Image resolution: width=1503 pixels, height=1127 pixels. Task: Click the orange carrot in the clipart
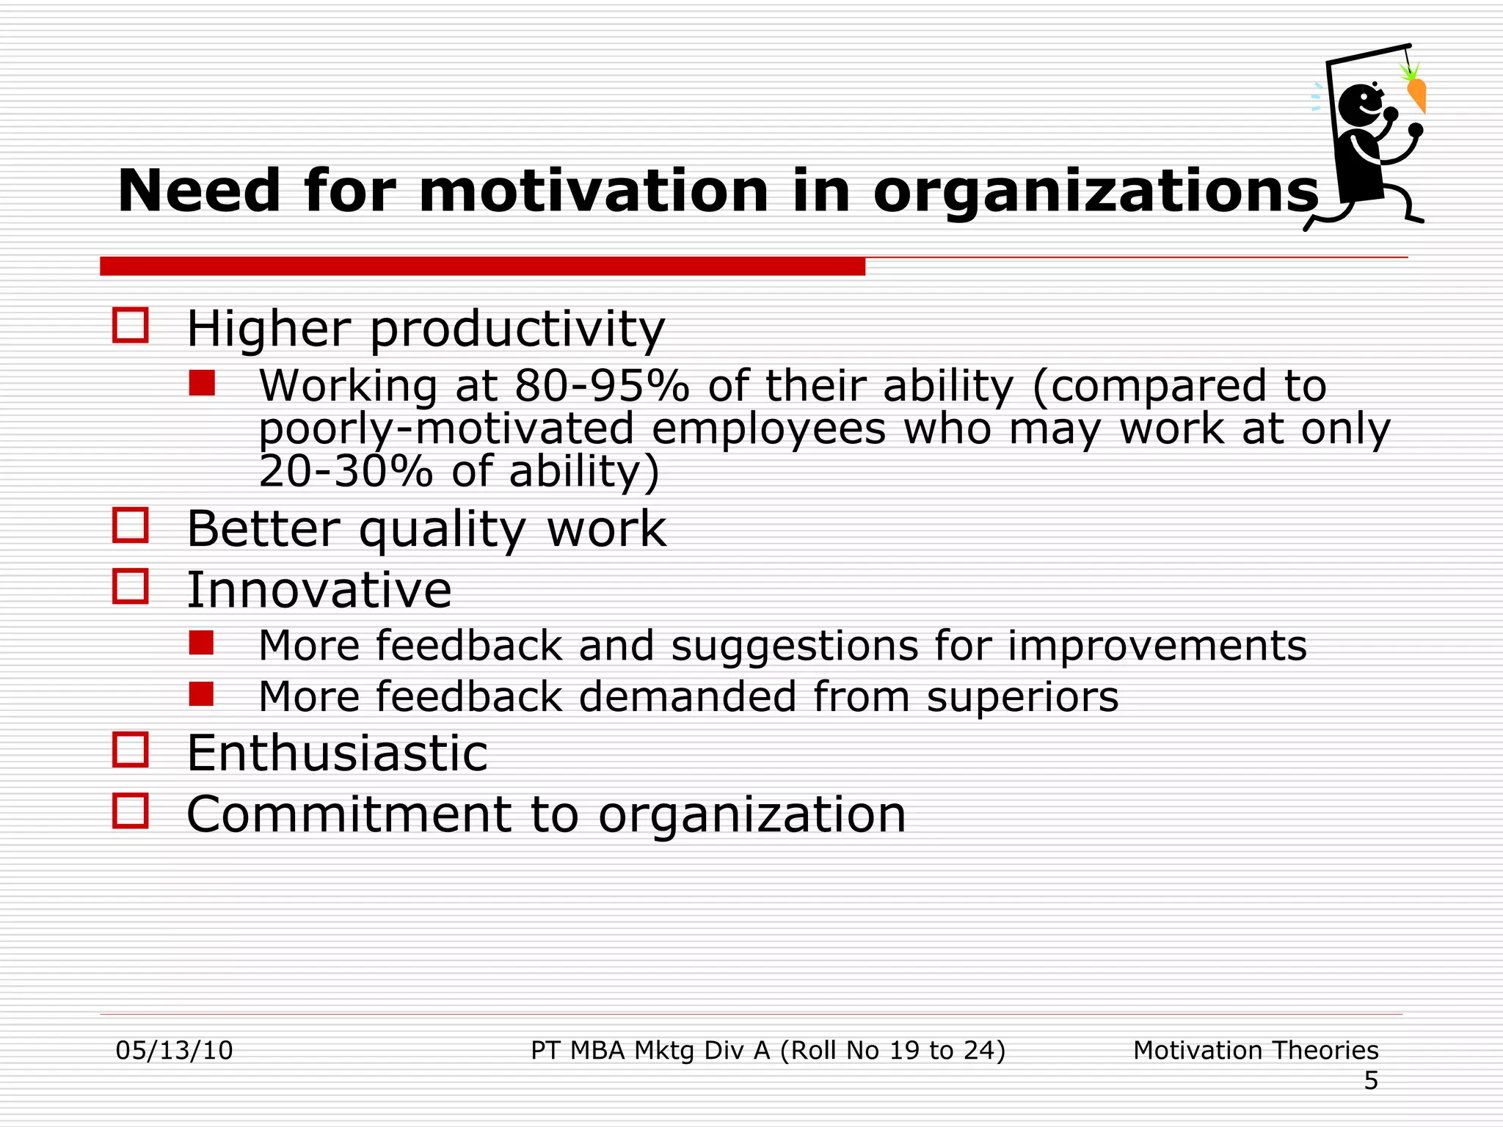(1417, 95)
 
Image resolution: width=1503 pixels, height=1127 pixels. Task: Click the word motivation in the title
(594, 191)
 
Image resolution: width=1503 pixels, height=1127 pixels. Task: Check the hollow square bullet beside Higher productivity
(131, 325)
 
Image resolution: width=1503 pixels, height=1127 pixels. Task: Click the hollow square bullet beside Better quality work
(131, 525)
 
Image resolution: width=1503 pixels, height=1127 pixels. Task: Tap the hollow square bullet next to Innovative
(131, 586)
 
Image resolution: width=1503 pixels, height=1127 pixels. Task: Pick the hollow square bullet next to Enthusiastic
(131, 750)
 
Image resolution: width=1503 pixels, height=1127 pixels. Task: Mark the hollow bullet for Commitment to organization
(131, 811)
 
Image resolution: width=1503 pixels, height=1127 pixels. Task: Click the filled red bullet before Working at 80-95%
(202, 383)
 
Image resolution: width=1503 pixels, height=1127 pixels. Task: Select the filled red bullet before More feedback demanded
(201, 693)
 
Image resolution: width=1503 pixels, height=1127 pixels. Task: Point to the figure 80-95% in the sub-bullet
(602, 386)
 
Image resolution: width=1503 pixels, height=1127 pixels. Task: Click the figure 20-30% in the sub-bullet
(346, 471)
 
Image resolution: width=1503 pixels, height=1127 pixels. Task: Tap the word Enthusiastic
(337, 753)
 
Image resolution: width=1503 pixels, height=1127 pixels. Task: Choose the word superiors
(1022, 697)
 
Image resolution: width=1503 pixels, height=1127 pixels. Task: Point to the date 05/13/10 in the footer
(175, 1051)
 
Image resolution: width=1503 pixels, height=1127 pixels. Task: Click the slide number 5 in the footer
(1371, 1081)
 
